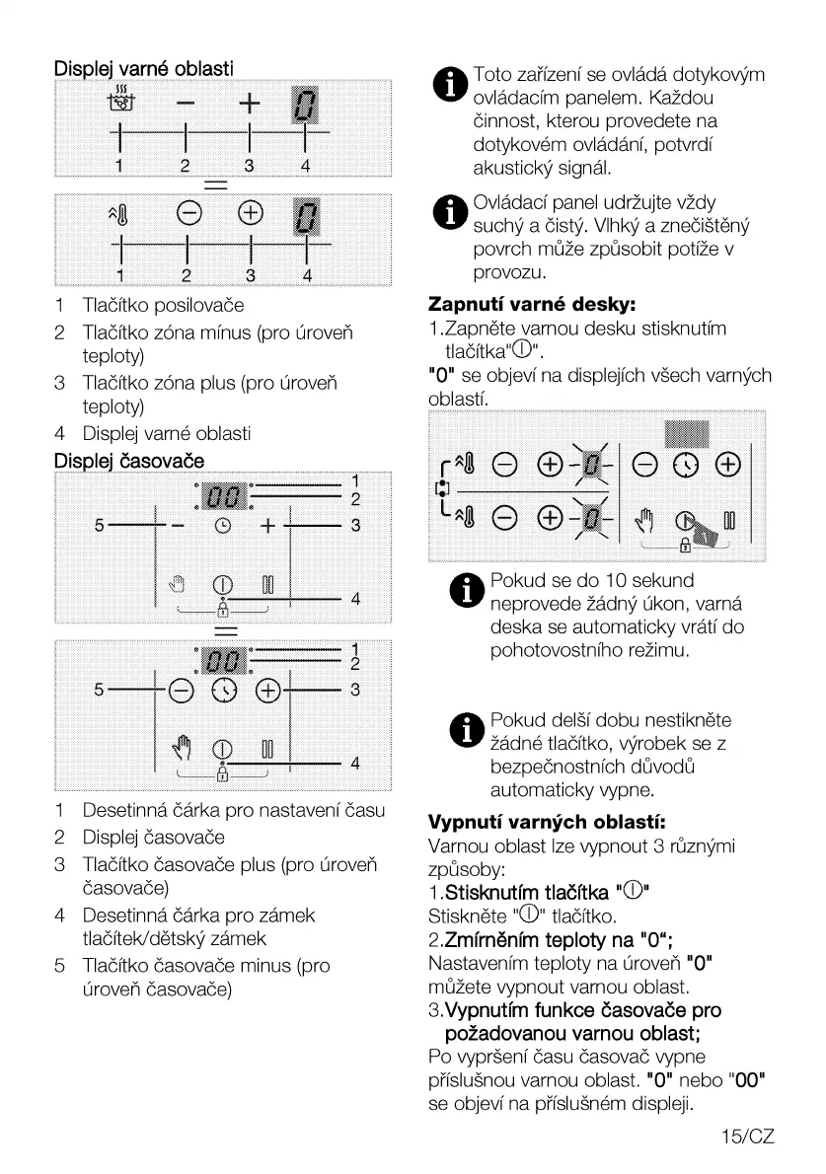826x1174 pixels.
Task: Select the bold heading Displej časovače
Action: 129,460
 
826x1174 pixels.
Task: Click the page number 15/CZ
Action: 748,1137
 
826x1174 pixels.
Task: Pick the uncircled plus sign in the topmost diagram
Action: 250,103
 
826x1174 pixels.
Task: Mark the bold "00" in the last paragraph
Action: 748,1083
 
